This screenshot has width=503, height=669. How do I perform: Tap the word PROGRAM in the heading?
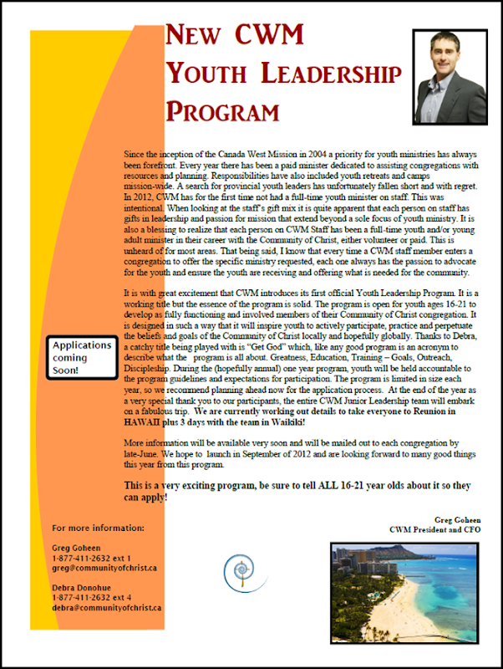[223, 110]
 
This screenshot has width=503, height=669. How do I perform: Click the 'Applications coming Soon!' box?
[81, 357]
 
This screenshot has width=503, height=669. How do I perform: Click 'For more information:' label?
[98, 529]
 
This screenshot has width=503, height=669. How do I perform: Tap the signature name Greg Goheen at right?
[458, 519]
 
